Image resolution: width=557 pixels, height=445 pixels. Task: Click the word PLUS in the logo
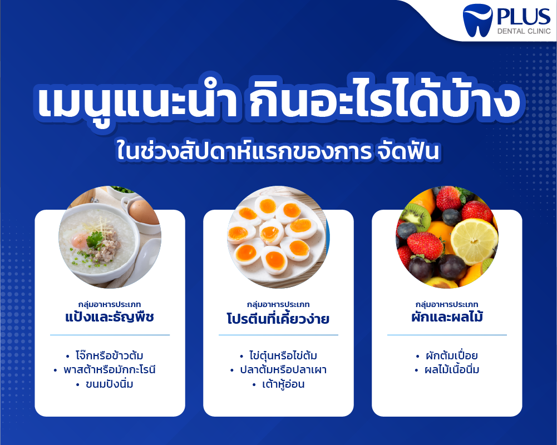(524, 17)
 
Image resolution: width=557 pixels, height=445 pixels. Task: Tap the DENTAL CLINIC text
(524, 31)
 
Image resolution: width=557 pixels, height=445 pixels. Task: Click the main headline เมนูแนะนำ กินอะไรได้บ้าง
(278, 101)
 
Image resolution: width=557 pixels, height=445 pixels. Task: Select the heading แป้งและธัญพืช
(110, 316)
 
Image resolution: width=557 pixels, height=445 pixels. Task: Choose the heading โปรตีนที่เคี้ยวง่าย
(278, 318)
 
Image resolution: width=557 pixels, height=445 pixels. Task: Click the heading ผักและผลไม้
(447, 316)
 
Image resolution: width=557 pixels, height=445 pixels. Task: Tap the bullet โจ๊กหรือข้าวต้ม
(109, 355)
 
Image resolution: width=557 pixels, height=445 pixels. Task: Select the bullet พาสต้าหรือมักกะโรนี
(110, 370)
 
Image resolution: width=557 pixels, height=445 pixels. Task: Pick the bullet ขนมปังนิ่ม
(110, 384)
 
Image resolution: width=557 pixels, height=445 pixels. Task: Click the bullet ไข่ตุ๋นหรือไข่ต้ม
(283, 355)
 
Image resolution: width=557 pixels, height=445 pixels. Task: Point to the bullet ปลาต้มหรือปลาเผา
(283, 370)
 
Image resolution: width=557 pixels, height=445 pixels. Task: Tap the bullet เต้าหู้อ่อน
(283, 384)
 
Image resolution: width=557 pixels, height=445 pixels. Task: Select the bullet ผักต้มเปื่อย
(451, 355)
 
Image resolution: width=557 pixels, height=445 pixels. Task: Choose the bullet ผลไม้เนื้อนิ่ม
(452, 370)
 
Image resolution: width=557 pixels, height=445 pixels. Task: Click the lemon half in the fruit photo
(474, 241)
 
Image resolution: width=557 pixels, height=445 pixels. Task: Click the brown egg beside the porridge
(144, 212)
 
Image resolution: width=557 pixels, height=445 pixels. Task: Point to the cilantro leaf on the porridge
(95, 239)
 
